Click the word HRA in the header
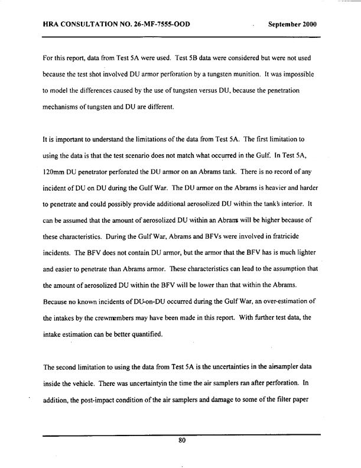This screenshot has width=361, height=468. pos(53,25)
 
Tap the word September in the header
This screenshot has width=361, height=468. pos(285,25)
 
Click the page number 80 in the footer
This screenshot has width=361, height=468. pos(182,440)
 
